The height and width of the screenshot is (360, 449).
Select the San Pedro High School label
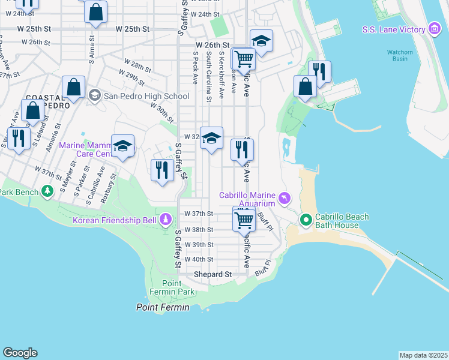coord(139,96)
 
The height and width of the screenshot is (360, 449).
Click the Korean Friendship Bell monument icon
coord(165,221)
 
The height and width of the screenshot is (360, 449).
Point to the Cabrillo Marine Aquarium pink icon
coord(285,197)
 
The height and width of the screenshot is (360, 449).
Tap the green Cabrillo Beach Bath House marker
coord(306,220)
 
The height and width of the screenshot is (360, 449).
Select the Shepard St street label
coord(212,274)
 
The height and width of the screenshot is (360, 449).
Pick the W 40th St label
coord(199,259)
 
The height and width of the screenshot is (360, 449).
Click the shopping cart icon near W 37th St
coord(244,219)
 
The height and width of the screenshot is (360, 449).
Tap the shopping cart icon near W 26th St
coord(244,59)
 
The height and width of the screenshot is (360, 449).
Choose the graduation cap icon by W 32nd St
coord(211,138)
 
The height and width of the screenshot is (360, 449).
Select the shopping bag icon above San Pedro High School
coord(73,87)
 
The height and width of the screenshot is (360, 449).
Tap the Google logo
coord(20,353)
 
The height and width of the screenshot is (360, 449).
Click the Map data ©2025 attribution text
coord(423,355)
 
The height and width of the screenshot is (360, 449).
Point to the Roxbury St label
coord(108,185)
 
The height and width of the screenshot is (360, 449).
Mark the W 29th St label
coord(133,77)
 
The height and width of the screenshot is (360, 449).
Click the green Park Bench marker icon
coord(48,191)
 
